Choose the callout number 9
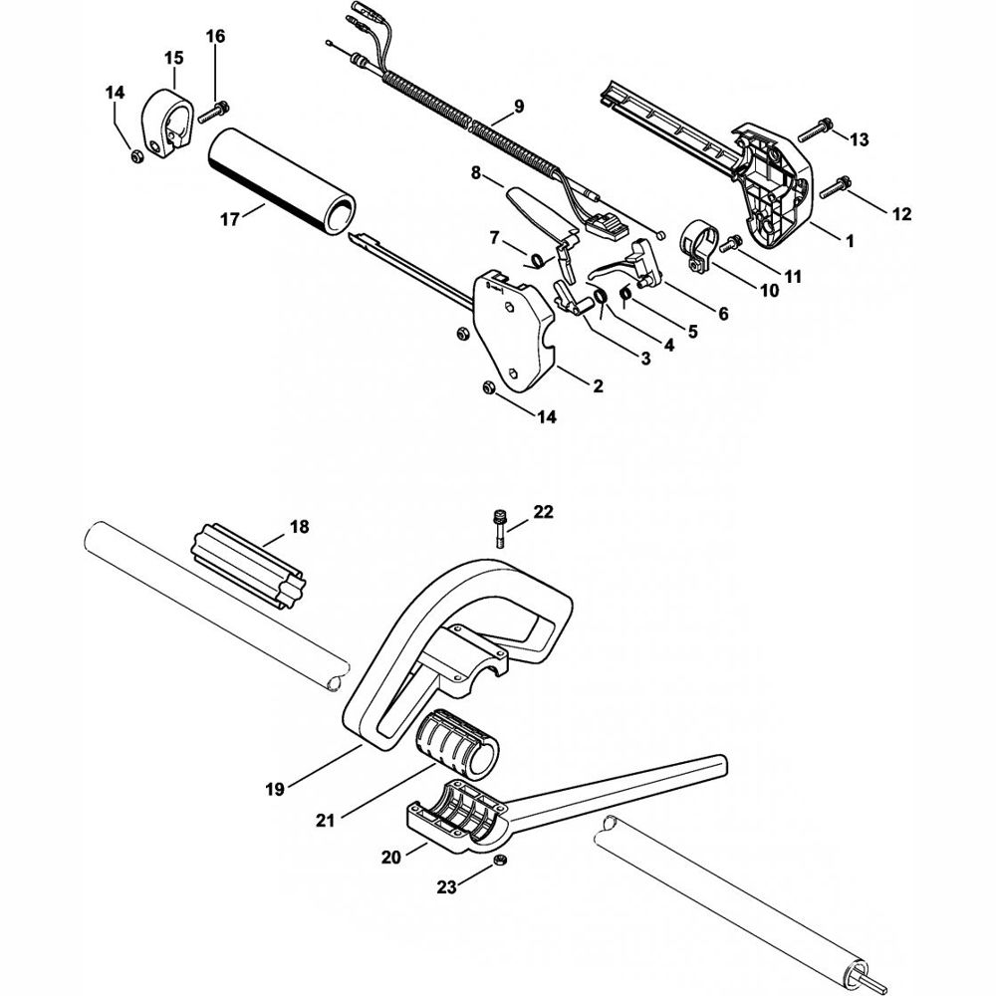[x=519, y=106]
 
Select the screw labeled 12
[x=837, y=182]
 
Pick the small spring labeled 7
[x=536, y=260]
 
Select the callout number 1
[x=850, y=240]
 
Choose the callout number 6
[x=723, y=313]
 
